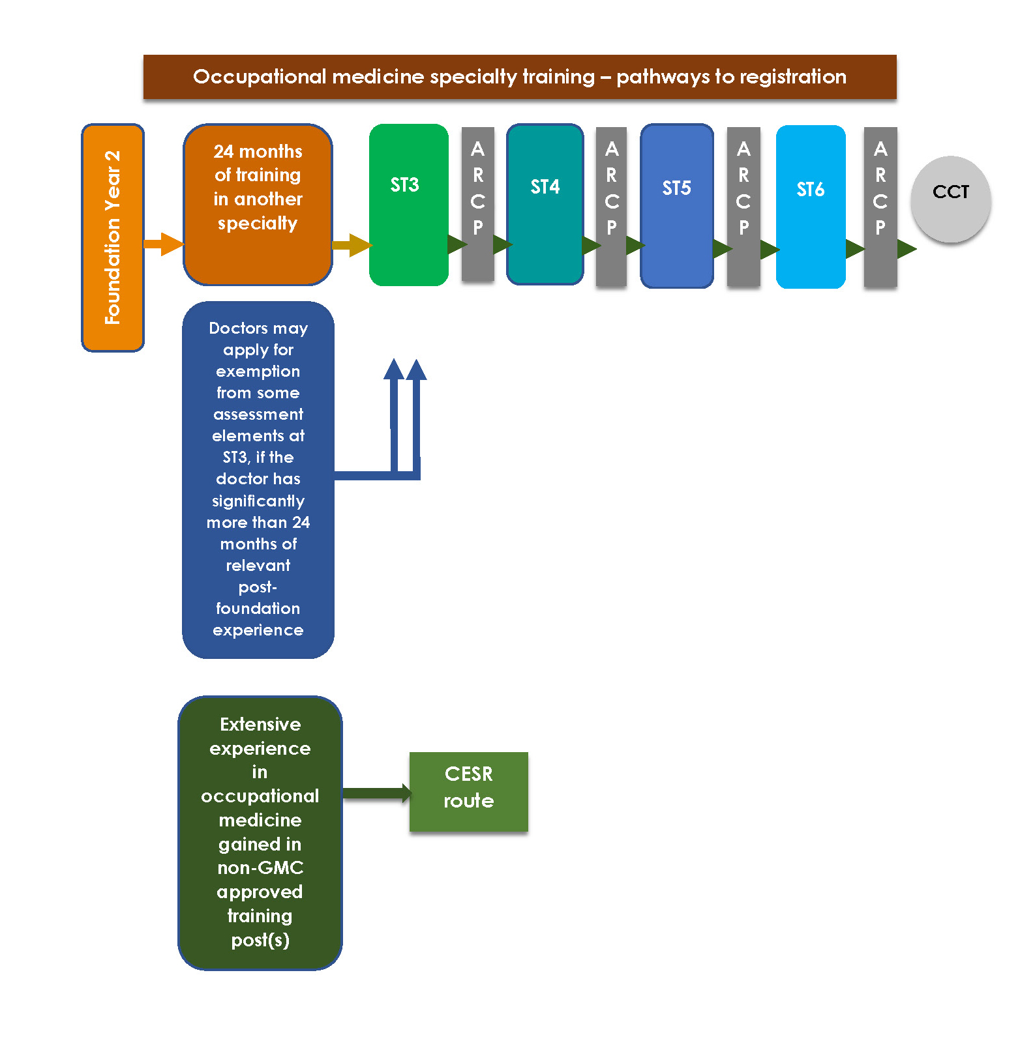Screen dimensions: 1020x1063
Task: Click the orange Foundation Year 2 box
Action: coord(113,238)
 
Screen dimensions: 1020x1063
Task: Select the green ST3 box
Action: coord(409,205)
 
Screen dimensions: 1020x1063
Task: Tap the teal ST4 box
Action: coord(545,205)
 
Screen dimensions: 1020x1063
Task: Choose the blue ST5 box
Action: coord(677,206)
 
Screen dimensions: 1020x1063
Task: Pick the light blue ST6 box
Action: coord(811,207)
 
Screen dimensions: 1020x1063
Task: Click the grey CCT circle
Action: coord(951,199)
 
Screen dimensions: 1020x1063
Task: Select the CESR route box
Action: coord(469,792)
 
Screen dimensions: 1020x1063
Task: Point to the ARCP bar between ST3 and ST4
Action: coord(478,204)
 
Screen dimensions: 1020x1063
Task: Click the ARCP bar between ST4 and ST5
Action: coord(612,207)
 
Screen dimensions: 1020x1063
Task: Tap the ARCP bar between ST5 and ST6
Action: coord(743,207)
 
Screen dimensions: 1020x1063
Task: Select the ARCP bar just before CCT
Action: coord(880,207)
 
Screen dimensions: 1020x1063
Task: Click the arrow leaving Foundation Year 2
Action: coord(164,244)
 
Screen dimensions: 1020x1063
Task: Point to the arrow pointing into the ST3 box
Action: coord(352,245)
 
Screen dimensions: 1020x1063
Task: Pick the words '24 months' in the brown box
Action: coord(258,151)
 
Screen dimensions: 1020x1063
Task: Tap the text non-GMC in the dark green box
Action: coord(260,867)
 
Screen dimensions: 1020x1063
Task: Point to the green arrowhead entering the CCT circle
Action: coord(907,249)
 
